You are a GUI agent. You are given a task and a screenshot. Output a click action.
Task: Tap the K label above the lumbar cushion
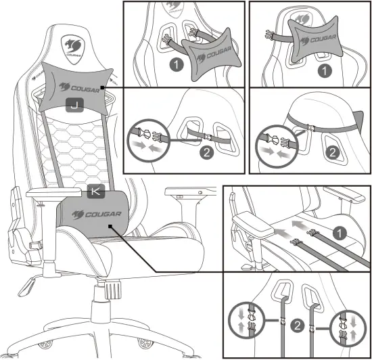tap(95, 192)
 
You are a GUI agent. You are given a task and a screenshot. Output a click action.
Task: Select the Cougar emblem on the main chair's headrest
tap(73, 47)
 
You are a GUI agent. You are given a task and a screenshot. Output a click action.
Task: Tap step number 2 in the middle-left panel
tap(208, 152)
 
